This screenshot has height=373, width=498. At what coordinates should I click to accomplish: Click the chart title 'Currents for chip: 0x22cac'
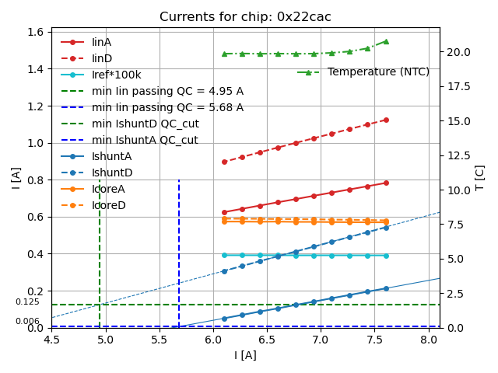tap(246, 17)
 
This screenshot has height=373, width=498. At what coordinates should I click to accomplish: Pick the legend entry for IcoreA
tap(108, 189)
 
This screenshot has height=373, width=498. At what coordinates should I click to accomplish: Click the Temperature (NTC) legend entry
tap(378, 72)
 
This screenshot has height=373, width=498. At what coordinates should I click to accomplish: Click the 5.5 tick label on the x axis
tap(160, 340)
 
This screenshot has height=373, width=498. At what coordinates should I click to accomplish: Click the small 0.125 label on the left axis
tap(27, 302)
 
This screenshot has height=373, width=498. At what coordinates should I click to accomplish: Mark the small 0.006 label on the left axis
tap(27, 321)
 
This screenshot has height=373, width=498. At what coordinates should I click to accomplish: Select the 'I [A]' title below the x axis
tap(246, 355)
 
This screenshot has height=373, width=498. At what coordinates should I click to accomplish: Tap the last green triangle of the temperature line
tap(386, 41)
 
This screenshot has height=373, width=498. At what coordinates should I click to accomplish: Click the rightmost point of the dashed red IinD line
tap(386, 120)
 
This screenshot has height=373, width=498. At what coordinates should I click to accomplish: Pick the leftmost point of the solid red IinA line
tap(224, 212)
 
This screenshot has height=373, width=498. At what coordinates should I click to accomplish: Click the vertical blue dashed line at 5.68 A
tap(179, 249)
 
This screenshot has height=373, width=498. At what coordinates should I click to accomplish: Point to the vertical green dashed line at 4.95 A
tap(100, 249)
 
